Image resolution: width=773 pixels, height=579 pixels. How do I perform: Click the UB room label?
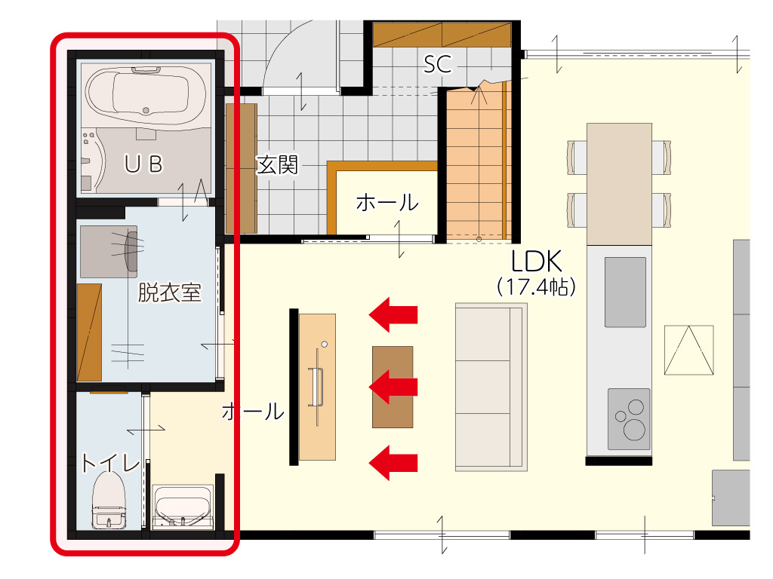point(143,164)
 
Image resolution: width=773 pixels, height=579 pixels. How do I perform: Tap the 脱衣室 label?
point(170,293)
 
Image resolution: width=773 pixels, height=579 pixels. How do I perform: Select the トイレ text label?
point(110,464)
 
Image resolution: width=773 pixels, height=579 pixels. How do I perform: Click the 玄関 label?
point(277,165)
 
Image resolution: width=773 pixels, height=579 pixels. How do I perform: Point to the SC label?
point(438,65)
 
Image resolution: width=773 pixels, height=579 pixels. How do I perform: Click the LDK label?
point(537,261)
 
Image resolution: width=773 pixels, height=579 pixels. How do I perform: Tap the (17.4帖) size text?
point(537,286)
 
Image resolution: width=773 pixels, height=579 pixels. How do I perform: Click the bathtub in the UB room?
point(146,93)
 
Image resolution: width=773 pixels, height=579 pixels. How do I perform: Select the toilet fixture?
point(109,501)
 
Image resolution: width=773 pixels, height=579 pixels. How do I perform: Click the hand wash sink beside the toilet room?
point(183,507)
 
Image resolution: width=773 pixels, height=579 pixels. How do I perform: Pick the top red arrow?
point(393,314)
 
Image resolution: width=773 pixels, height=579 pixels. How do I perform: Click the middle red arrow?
point(393,387)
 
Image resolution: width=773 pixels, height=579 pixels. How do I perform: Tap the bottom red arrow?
point(393,463)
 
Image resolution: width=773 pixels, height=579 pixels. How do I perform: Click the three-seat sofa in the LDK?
point(491,387)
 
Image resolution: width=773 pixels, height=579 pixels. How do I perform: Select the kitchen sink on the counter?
point(625,292)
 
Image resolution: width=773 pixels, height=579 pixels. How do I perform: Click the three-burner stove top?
point(629,419)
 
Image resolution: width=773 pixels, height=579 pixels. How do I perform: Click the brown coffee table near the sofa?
point(393,387)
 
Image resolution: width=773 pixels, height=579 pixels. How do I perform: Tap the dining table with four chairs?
point(619,184)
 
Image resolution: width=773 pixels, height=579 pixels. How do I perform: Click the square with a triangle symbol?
point(688,350)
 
